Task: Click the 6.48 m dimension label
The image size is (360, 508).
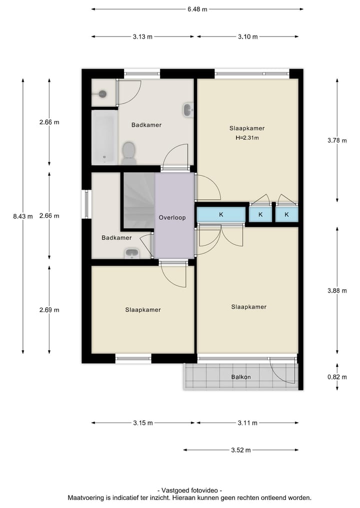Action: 197,9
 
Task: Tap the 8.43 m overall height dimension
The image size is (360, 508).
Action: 23,216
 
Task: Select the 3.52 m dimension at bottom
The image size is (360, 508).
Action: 240,450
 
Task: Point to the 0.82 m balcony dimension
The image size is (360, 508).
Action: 336,377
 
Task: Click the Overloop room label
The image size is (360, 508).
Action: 172,218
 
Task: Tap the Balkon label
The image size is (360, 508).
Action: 240,377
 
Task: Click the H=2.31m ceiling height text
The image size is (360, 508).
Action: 247,138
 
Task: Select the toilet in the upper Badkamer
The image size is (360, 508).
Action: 128,151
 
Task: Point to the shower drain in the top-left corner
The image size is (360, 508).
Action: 102,93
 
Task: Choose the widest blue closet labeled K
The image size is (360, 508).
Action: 221,215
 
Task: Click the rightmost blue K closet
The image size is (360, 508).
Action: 286,215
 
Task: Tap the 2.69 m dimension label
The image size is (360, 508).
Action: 49,310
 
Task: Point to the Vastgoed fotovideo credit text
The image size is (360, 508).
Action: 189,491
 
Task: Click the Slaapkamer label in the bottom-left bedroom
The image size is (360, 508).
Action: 143,310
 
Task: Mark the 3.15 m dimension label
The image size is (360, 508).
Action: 142,423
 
